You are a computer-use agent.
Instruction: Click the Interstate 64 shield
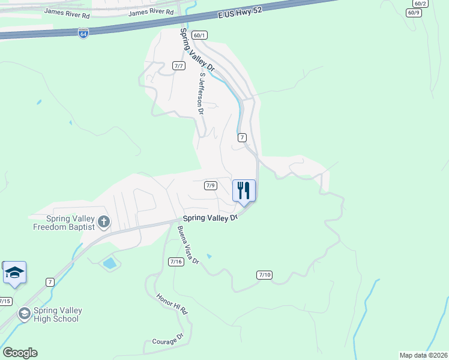[83, 34]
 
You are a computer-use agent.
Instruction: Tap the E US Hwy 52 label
[232, 15]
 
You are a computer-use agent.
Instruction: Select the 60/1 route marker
[200, 35]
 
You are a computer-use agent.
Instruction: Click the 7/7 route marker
[178, 66]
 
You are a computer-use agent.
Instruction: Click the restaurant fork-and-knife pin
[244, 190]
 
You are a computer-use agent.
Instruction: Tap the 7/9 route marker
[210, 185]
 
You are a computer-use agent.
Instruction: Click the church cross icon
[103, 222]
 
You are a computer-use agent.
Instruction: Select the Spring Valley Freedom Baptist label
[64, 223]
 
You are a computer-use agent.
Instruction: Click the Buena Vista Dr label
[188, 245]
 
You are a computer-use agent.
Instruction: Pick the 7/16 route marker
[176, 261]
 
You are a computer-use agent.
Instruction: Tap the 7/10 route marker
[264, 275]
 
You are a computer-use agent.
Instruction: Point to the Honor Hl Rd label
[172, 305]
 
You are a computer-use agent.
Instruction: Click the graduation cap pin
[14, 273]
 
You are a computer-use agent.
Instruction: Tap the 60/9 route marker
[414, 13]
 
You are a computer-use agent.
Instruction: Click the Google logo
[20, 353]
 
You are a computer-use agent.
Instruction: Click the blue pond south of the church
[110, 263]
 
